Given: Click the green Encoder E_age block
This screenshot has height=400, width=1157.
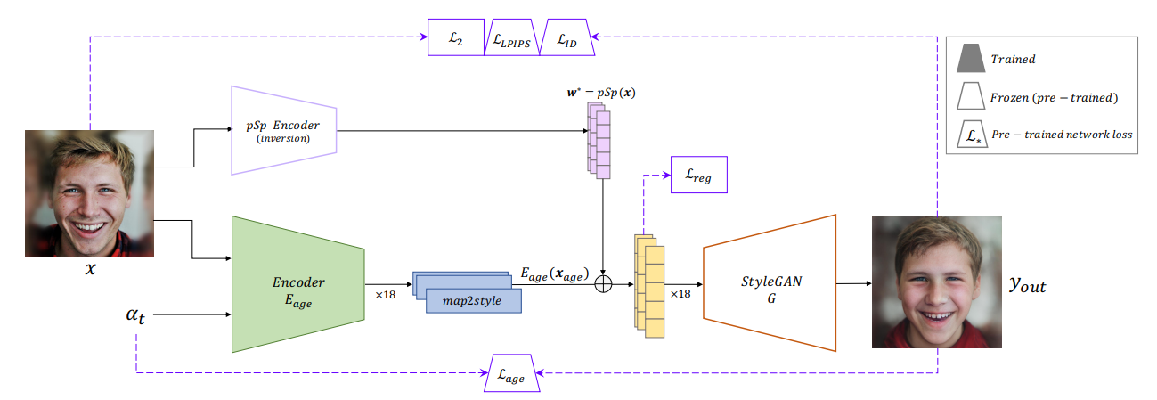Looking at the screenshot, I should [297, 283].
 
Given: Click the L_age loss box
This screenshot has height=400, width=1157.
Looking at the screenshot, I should [512, 375].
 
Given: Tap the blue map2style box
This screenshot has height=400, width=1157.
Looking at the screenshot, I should [472, 300].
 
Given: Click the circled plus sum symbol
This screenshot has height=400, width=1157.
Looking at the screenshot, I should [605, 283].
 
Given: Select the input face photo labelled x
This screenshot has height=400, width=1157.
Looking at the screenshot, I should [89, 193].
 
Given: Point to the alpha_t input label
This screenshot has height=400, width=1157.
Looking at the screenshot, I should [136, 314].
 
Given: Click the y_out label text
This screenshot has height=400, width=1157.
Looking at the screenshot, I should [1027, 284].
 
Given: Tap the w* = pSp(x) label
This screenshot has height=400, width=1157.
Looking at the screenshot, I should [603, 92].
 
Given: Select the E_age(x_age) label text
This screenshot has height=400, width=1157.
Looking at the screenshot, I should [554, 274].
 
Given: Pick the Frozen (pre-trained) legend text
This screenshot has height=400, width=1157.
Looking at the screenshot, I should [1054, 97].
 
